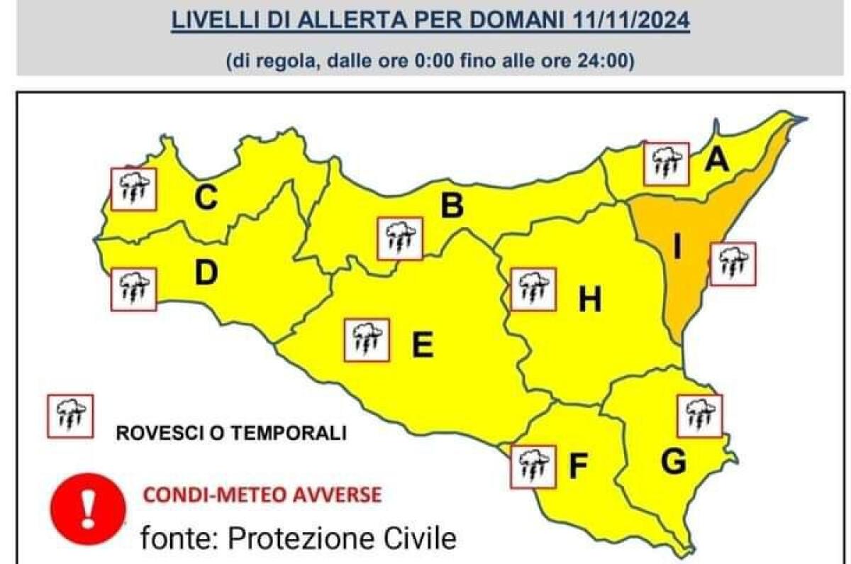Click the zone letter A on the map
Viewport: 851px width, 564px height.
(x=717, y=162)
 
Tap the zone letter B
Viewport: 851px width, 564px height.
(x=452, y=206)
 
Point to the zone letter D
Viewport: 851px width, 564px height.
(x=206, y=273)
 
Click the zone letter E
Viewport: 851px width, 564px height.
(x=422, y=345)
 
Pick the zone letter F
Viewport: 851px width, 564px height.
(x=579, y=465)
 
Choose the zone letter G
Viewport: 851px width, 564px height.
(x=672, y=463)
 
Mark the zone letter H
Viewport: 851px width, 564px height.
(x=589, y=302)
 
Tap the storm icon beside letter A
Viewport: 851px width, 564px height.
(x=667, y=163)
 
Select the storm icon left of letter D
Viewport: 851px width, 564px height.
(x=133, y=289)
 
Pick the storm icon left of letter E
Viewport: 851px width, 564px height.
(x=366, y=340)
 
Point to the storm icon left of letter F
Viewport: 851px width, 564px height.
(x=533, y=467)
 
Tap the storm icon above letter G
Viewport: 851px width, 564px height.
(x=699, y=416)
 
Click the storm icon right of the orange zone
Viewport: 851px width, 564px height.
(x=733, y=264)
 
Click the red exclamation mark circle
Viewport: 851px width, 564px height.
(x=88, y=508)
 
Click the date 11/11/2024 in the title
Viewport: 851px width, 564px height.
(x=630, y=20)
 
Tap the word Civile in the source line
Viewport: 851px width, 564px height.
(x=416, y=539)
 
